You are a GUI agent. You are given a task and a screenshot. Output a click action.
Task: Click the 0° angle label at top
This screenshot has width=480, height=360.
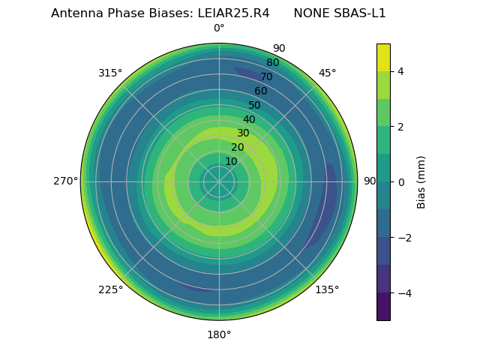click(219, 28)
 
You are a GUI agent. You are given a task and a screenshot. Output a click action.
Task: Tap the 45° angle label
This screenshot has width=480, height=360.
click(327, 73)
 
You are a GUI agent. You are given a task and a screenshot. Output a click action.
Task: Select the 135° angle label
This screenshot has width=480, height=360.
click(327, 289)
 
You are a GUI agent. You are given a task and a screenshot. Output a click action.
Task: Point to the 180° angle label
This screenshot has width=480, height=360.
click(219, 334)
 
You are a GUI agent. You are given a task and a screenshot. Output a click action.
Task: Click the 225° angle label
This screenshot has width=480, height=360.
click(110, 289)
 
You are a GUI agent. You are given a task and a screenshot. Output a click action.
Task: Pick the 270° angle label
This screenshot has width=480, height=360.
click(65, 181)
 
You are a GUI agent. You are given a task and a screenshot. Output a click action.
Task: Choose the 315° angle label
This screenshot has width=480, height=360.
click(110, 73)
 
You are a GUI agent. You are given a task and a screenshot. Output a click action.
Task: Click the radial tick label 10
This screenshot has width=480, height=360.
click(231, 162)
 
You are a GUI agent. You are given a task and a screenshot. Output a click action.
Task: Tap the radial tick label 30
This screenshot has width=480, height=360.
click(243, 133)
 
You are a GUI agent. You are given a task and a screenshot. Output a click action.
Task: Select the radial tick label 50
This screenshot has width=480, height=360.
click(255, 105)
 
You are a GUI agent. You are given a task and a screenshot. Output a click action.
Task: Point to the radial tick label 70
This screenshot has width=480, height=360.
click(266, 76)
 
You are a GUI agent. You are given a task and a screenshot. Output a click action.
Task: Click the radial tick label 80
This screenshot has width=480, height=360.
click(272, 63)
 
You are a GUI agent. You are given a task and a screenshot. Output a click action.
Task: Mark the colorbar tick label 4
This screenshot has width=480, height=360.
click(400, 71)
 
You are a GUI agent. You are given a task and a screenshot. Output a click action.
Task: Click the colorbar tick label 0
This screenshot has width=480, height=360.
click(400, 181)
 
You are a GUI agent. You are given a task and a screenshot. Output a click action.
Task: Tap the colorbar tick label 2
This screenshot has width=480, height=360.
click(400, 127)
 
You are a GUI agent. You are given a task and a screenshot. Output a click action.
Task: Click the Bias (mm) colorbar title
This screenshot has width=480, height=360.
click(421, 181)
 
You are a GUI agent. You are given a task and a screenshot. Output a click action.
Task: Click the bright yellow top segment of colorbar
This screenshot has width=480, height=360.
click(383, 57)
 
